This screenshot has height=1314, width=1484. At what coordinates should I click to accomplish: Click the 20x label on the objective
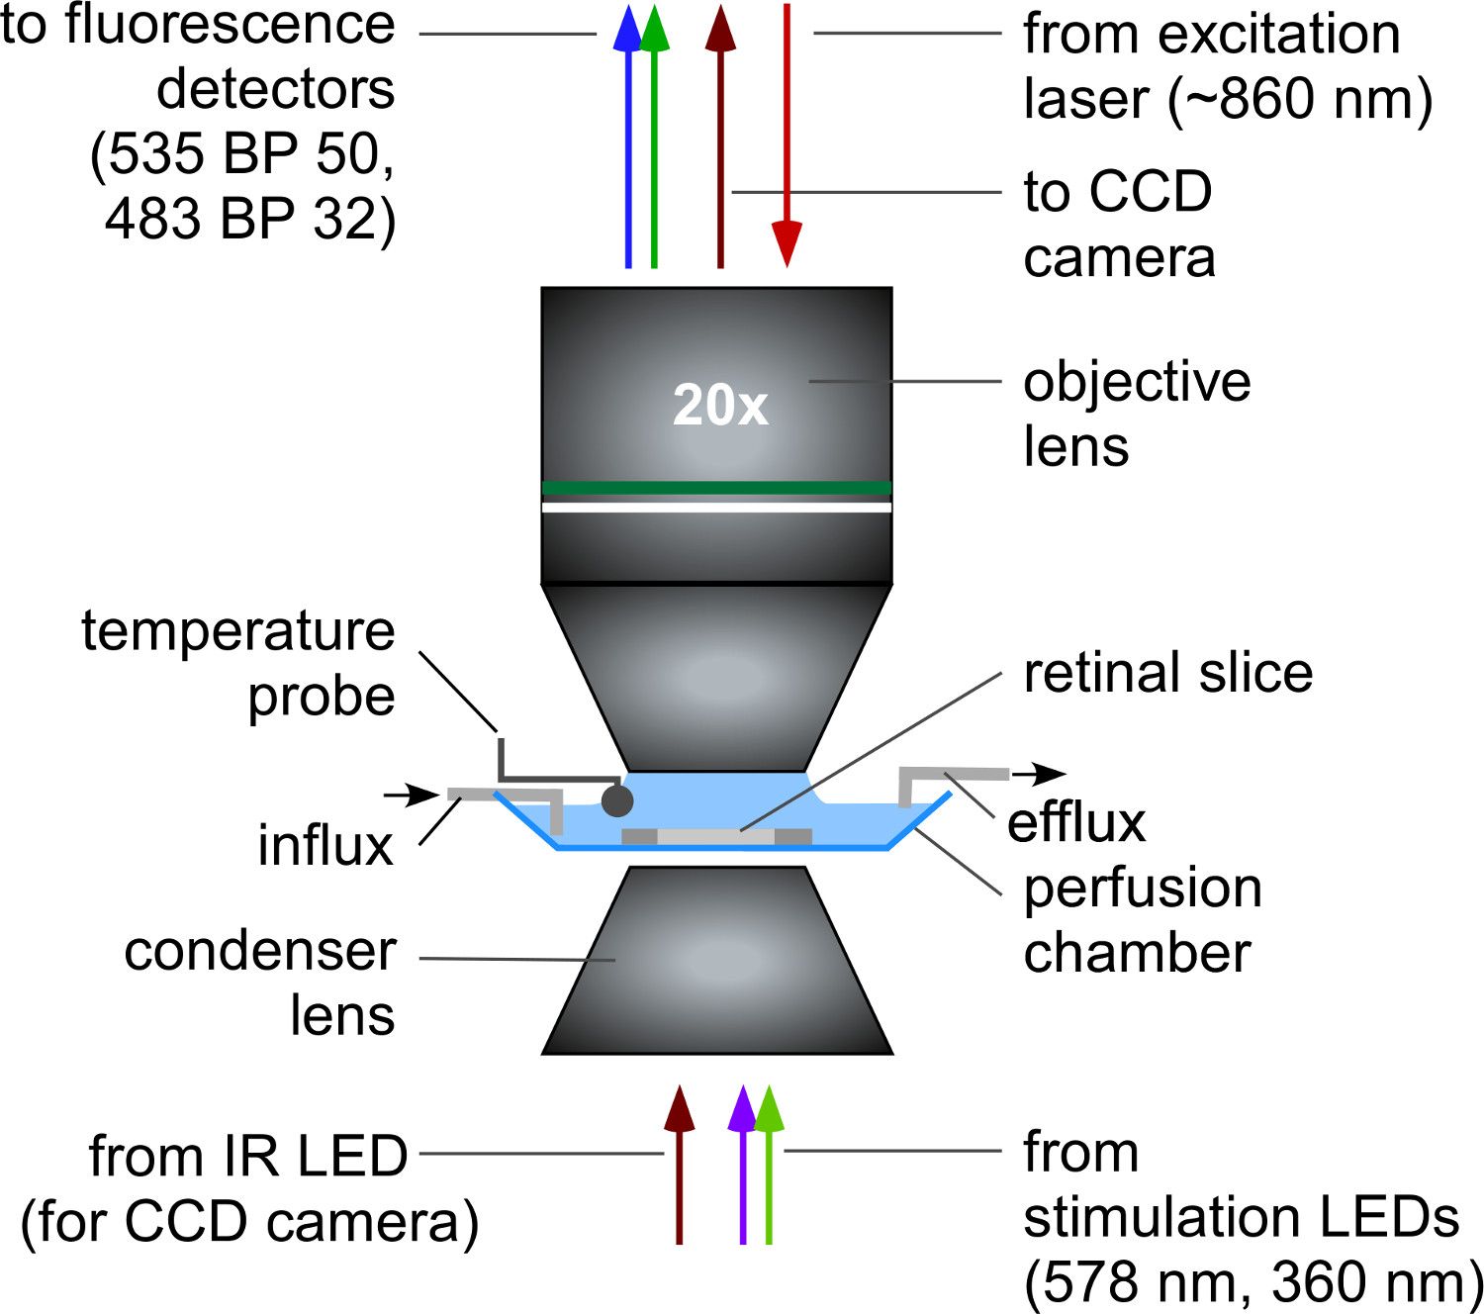[720, 405]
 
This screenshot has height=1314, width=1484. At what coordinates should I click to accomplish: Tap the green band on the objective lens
[716, 487]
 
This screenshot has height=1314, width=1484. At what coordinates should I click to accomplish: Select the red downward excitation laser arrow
[787, 139]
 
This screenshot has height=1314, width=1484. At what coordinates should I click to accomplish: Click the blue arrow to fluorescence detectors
[627, 139]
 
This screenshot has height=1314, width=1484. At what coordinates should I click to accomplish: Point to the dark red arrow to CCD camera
[720, 139]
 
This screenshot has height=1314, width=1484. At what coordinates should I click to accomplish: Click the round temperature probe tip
[617, 800]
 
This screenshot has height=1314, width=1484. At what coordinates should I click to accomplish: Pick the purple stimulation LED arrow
[742, 1168]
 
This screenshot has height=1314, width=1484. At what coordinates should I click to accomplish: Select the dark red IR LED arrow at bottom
[679, 1168]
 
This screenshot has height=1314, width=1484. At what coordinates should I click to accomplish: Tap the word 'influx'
[325, 846]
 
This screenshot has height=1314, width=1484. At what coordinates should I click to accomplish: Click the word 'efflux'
[1076, 823]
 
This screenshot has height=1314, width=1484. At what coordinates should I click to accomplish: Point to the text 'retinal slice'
[1167, 673]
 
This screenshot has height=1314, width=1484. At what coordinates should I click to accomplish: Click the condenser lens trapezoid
[717, 960]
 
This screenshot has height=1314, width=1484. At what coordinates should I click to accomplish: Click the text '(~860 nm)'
[1300, 99]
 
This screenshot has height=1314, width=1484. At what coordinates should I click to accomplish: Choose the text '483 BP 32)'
[250, 219]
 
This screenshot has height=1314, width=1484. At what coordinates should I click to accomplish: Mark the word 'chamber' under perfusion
[1137, 952]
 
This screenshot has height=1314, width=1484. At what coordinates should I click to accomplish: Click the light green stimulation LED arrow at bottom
[769, 1168]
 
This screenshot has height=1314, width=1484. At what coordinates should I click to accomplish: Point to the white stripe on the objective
[716, 508]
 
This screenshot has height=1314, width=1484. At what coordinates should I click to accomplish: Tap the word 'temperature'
[237, 630]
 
